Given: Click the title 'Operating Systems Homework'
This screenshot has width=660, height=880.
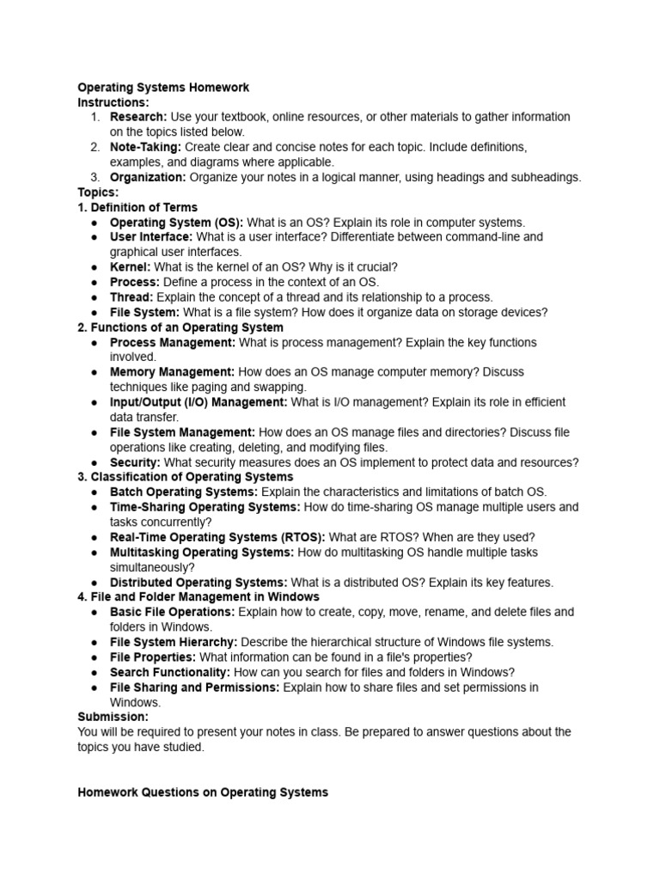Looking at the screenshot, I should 163,87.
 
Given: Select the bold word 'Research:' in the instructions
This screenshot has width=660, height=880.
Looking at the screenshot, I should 138,117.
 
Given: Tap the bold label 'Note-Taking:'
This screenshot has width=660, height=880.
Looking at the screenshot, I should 145,147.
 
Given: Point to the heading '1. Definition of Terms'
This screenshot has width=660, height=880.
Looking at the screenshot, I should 137,207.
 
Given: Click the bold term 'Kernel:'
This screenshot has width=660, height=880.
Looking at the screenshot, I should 130,267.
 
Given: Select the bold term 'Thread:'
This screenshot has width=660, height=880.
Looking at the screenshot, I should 131,297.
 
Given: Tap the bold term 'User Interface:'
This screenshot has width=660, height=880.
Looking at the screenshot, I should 151,236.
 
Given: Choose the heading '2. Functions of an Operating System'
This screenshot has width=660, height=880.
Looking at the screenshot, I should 180,327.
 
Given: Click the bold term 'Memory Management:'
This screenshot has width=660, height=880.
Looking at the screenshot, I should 172,372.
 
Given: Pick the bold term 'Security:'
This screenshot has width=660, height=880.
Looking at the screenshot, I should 135,462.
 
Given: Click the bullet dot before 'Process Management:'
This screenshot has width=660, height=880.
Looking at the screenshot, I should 93,343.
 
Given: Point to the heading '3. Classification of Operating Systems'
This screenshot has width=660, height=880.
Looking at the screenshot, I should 186,477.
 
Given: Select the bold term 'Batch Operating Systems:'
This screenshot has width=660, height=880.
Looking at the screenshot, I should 184,492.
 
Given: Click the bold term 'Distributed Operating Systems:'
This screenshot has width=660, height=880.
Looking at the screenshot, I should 199,582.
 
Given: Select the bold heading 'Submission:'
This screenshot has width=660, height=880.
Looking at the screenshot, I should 113,717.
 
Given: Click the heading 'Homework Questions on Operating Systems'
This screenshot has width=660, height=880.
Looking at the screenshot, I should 203,792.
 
